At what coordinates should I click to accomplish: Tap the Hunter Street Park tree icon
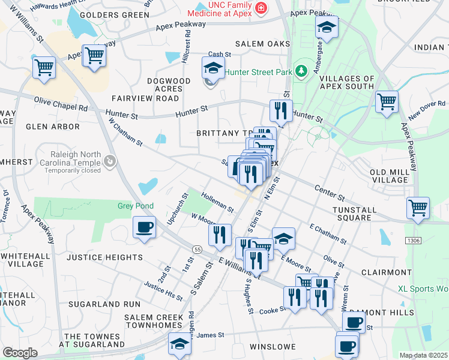pyautogui.click(x=301, y=71)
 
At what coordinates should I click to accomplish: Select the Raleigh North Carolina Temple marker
pyautogui.click(x=109, y=161)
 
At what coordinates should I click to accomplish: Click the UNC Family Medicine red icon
pyautogui.click(x=261, y=8)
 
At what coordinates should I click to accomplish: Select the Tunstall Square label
pyautogui.click(x=355, y=214)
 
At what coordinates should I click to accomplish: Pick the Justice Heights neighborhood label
pyautogui.click(x=104, y=257)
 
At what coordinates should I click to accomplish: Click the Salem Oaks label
pyautogui.click(x=262, y=44)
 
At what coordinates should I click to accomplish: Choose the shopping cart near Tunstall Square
pyautogui.click(x=418, y=208)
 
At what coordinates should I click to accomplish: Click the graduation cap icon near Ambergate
pyautogui.click(x=327, y=27)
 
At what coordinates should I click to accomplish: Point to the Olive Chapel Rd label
pyautogui.click(x=61, y=104)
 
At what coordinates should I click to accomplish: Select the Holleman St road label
pyautogui.click(x=217, y=202)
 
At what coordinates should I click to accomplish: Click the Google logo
pyautogui.click(x=20, y=353)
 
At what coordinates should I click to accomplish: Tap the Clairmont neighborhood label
pyautogui.click(x=385, y=272)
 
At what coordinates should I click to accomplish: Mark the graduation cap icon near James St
pyautogui.click(x=179, y=343)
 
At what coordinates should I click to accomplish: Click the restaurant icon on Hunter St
pyautogui.click(x=280, y=110)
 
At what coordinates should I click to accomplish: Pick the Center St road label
pyautogui.click(x=330, y=193)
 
